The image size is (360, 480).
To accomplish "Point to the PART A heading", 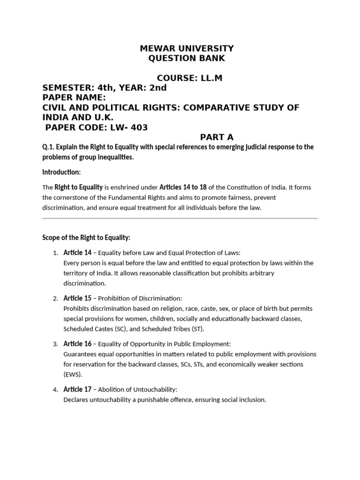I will [217, 137].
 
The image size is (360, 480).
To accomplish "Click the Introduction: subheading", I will [61, 172].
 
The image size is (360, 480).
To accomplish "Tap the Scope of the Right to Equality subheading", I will [87, 238].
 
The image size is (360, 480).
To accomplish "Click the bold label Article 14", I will [77, 253].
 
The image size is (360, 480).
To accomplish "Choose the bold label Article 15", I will [77, 298].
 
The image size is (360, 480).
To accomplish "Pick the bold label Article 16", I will [77, 344].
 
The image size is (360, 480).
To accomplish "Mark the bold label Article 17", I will [77, 389].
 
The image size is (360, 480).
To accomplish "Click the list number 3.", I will [55, 344].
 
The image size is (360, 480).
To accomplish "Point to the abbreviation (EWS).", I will [73, 375].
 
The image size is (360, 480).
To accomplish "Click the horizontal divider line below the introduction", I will [180, 218].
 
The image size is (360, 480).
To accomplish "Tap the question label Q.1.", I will [48, 147].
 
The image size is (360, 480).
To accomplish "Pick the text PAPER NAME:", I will [74, 97].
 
